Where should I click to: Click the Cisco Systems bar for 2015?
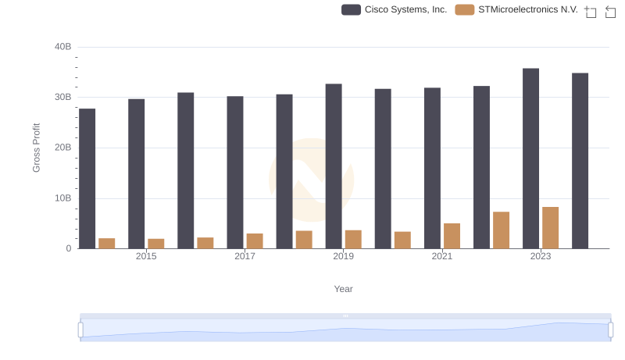[x=136, y=173]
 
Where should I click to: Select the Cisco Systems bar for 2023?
[x=530, y=159]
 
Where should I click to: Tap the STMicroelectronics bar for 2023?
[x=551, y=227]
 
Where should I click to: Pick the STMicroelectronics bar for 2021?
[x=452, y=236]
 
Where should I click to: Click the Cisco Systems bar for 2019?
[x=334, y=166]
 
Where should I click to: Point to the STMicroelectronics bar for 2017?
[x=255, y=241]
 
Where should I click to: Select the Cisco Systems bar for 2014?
[x=87, y=178]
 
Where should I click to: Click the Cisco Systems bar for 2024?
[x=580, y=161]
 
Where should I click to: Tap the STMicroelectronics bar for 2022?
[x=501, y=230]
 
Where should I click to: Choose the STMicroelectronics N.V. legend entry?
[x=516, y=9]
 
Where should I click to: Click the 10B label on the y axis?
[x=62, y=198]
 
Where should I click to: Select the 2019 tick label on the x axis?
[x=343, y=256]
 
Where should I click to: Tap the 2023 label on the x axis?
[x=541, y=256]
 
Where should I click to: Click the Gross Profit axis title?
[x=36, y=148]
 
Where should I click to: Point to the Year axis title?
[x=344, y=289]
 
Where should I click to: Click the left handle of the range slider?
[x=80, y=330]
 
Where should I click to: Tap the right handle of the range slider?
[x=611, y=330]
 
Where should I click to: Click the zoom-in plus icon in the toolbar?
[x=590, y=12]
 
